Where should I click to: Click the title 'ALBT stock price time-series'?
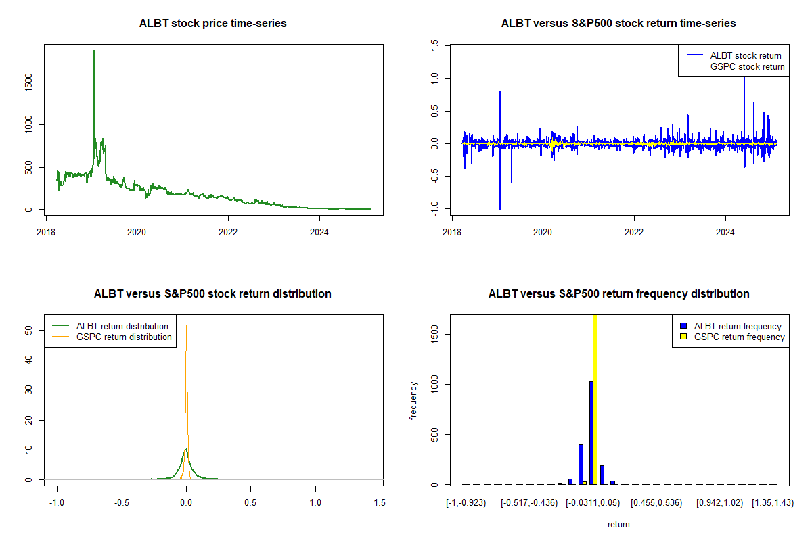click(213, 24)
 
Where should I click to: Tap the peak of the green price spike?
click(93, 51)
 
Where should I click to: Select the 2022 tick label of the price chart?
click(228, 230)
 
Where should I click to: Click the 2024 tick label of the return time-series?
click(725, 230)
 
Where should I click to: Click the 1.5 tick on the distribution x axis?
click(379, 502)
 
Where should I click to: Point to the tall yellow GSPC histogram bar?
click(595, 399)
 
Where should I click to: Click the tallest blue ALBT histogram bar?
click(591, 433)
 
